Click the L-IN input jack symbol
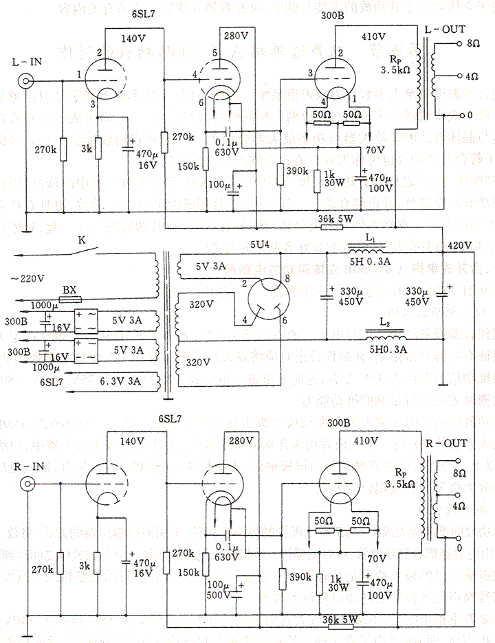[x=27, y=81]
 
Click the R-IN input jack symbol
[x=27, y=484]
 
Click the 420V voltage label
[x=459, y=245]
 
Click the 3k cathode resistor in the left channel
[x=98, y=148]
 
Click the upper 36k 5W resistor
[x=331, y=227]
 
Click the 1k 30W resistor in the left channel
[x=317, y=180]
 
